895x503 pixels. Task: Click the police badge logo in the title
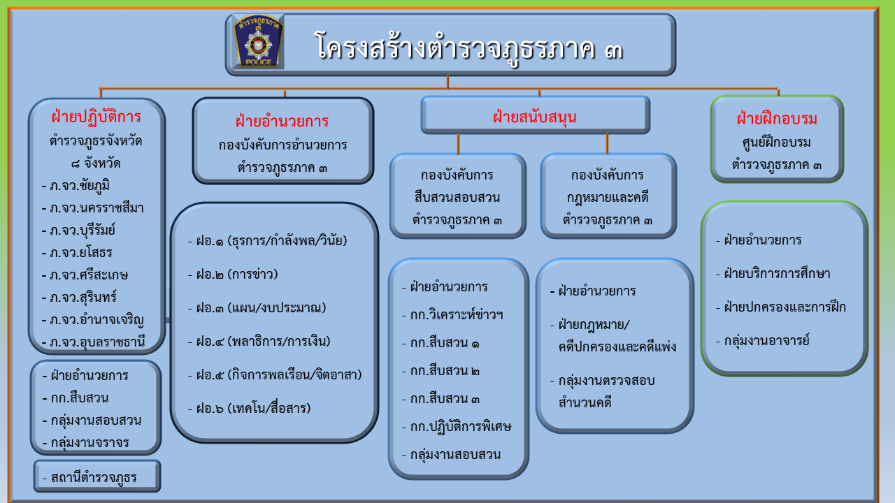pyautogui.click(x=258, y=41)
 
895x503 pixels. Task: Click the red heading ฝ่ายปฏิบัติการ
pyautogui.click(x=96, y=117)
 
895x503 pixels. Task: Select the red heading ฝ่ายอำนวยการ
pyautogui.click(x=282, y=121)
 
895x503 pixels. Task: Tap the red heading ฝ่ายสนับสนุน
pyautogui.click(x=535, y=117)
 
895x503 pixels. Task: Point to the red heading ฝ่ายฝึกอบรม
pyautogui.click(x=777, y=119)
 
